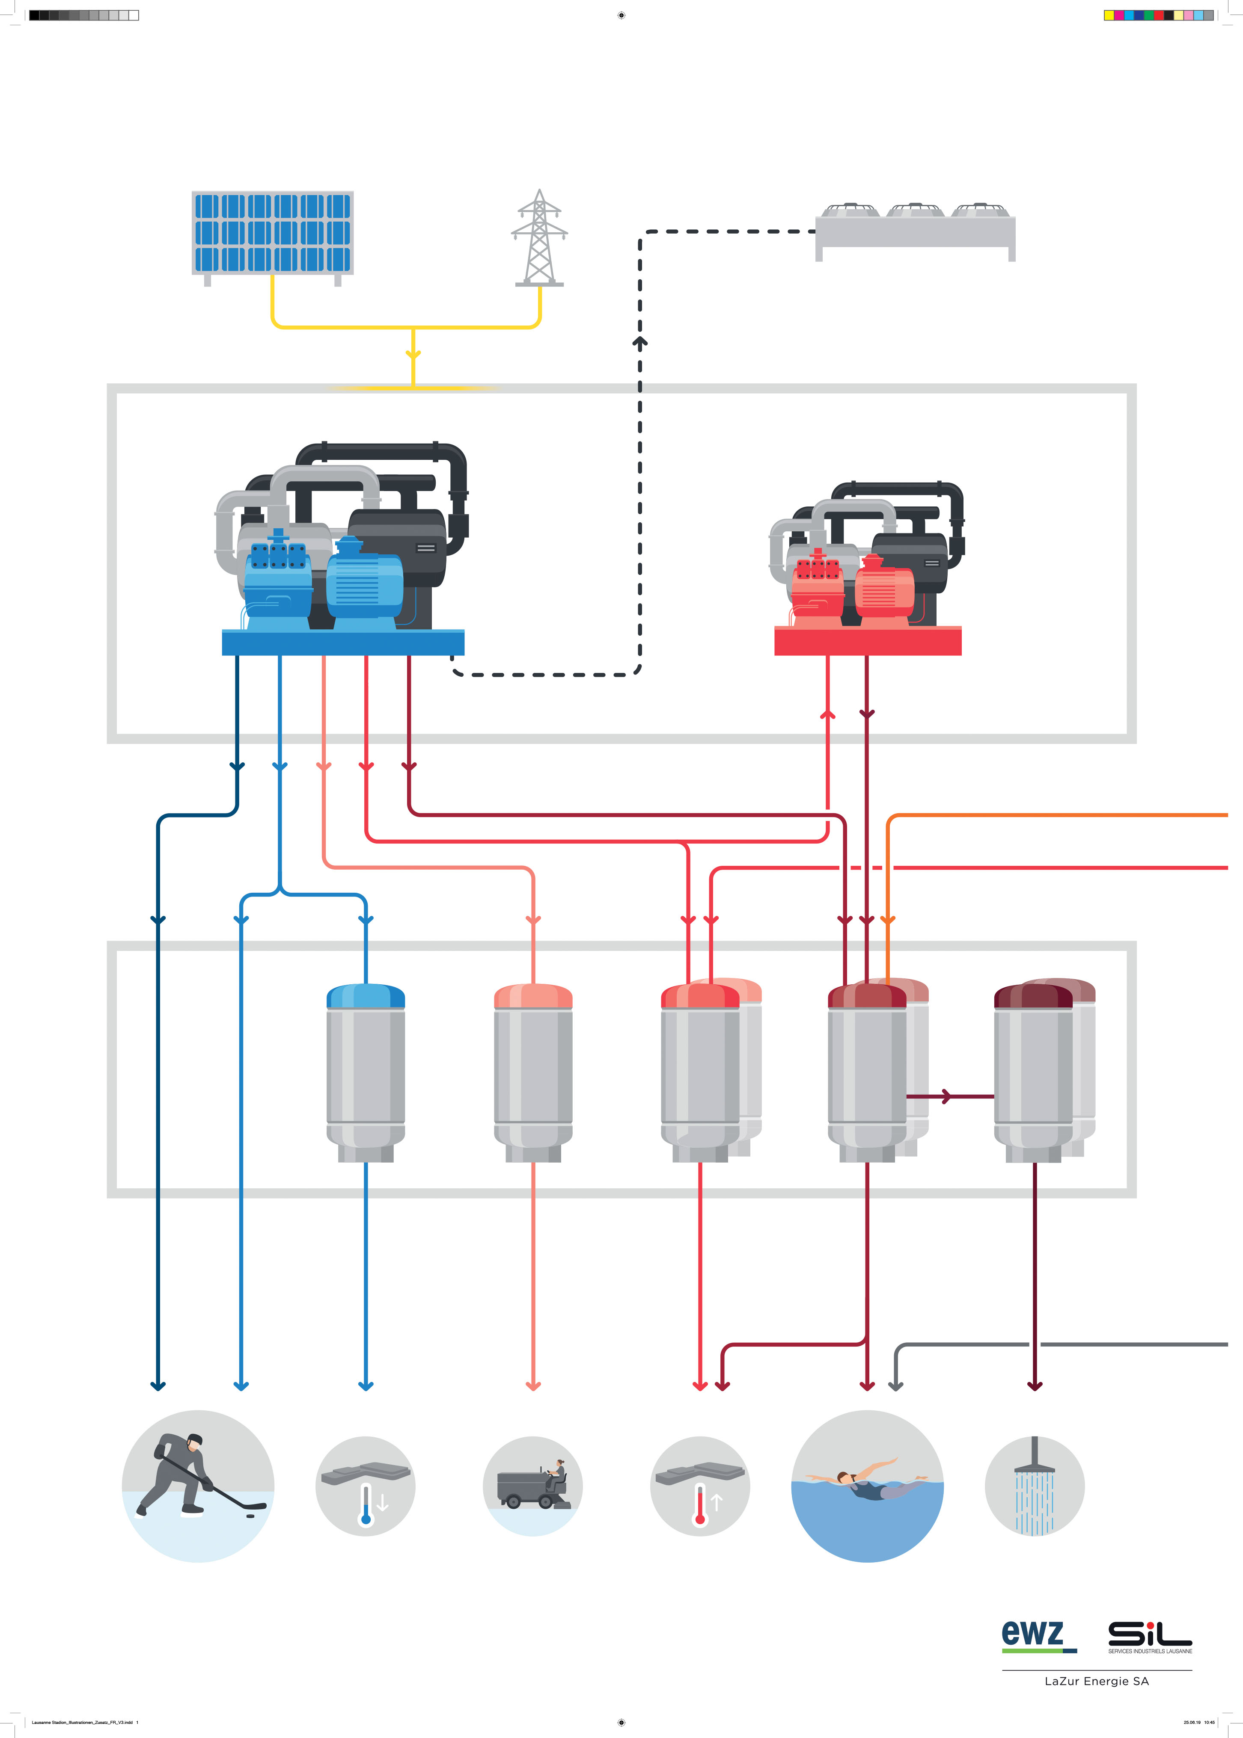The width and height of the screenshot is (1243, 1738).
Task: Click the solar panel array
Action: pos(273,233)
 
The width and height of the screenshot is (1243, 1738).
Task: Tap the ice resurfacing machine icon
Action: pos(533,1486)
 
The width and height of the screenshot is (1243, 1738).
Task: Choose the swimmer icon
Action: pos(867,1486)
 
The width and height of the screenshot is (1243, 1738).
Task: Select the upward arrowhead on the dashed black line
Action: pos(640,341)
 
